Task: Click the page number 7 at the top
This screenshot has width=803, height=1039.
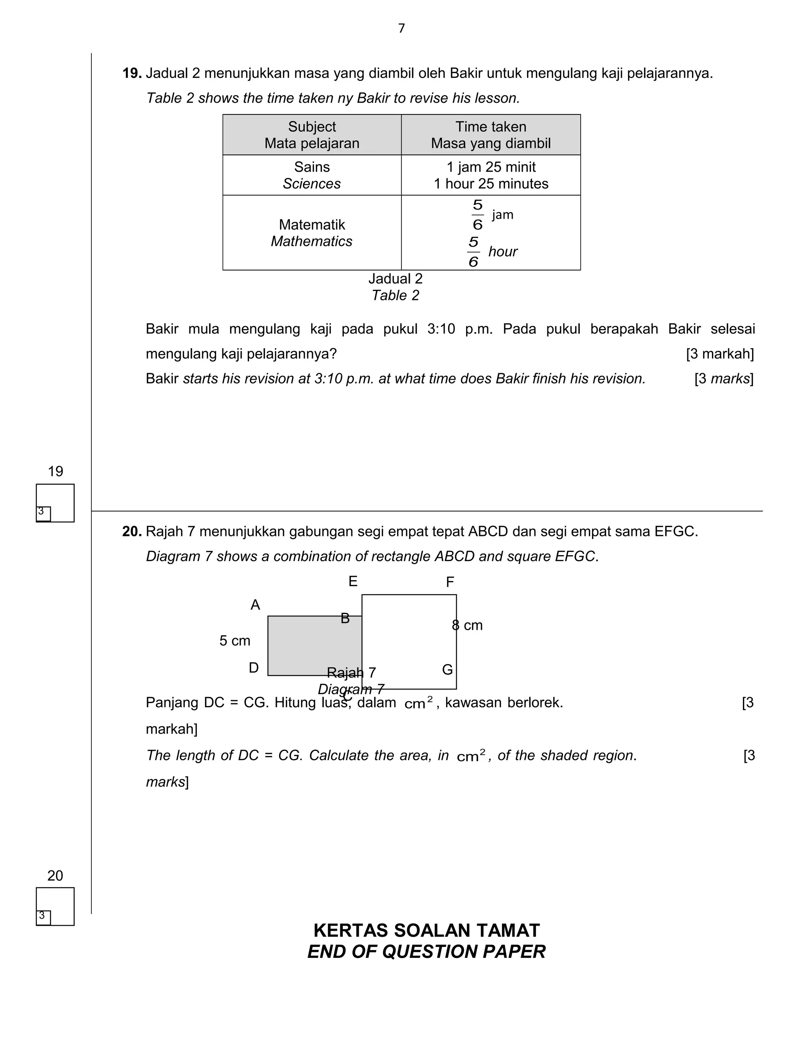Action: click(401, 29)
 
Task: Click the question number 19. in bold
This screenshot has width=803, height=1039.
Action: click(132, 73)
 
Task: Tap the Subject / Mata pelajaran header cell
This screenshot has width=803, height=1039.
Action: click(312, 134)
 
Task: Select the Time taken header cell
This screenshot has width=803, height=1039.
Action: click(491, 134)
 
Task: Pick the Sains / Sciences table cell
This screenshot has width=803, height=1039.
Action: click(312, 175)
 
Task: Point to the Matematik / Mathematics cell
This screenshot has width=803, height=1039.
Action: click(312, 233)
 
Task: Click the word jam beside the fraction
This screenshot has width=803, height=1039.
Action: click(502, 214)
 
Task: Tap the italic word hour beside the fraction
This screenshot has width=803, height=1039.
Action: click(502, 252)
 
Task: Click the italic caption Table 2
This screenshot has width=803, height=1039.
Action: click(395, 296)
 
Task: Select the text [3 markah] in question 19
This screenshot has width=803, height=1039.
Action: click(719, 354)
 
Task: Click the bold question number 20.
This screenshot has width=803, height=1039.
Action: click(132, 531)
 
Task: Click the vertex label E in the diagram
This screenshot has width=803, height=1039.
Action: click(352, 581)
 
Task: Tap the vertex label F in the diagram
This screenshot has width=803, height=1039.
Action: click(450, 582)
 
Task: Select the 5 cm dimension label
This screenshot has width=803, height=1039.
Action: click(234, 641)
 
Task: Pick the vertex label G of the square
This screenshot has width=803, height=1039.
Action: click(447, 669)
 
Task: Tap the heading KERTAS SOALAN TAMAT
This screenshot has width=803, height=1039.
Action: click(426, 930)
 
